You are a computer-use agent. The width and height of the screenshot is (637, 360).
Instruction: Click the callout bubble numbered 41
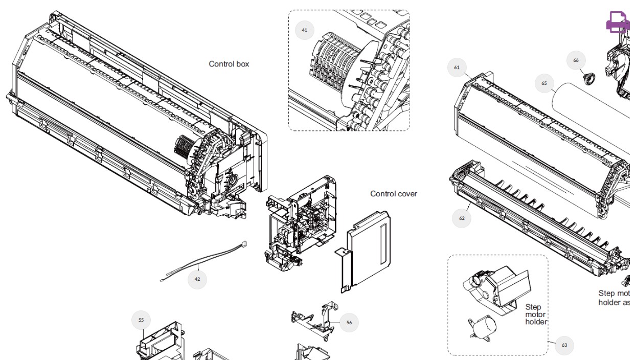pyautogui.click(x=305, y=30)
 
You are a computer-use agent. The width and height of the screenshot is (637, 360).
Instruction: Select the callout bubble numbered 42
pyautogui.click(x=197, y=279)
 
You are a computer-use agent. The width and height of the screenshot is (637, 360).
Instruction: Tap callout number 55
pyautogui.click(x=141, y=321)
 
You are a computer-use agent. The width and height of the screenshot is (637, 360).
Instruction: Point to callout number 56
pyautogui.click(x=349, y=323)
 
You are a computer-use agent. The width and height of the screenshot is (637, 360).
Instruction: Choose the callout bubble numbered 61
pyautogui.click(x=457, y=67)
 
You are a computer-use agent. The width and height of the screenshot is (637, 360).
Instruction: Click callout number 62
pyautogui.click(x=462, y=218)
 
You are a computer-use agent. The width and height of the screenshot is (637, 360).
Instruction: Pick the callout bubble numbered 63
pyautogui.click(x=564, y=345)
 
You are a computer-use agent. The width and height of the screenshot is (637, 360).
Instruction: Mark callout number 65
pyautogui.click(x=544, y=83)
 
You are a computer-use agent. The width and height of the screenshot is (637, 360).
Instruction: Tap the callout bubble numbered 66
pyautogui.click(x=576, y=60)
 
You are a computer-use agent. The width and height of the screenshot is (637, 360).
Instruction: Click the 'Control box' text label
pyautogui.click(x=229, y=64)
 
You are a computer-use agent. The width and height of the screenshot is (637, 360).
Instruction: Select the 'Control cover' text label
pyautogui.click(x=394, y=194)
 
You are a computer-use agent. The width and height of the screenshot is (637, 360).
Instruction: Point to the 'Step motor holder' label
pyautogui.click(x=536, y=314)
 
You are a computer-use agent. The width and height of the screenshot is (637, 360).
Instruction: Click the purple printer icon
pyautogui.click(x=618, y=22)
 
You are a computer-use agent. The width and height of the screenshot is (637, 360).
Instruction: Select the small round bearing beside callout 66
pyautogui.click(x=590, y=79)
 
